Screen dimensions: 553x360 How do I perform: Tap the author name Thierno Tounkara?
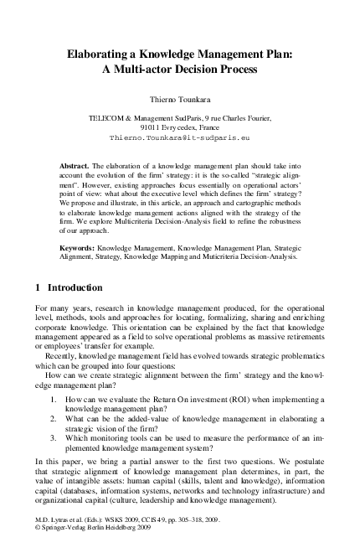pyautogui.click(x=179, y=98)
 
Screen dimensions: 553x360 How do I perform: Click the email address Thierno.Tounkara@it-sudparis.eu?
pyautogui.click(x=180, y=135)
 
